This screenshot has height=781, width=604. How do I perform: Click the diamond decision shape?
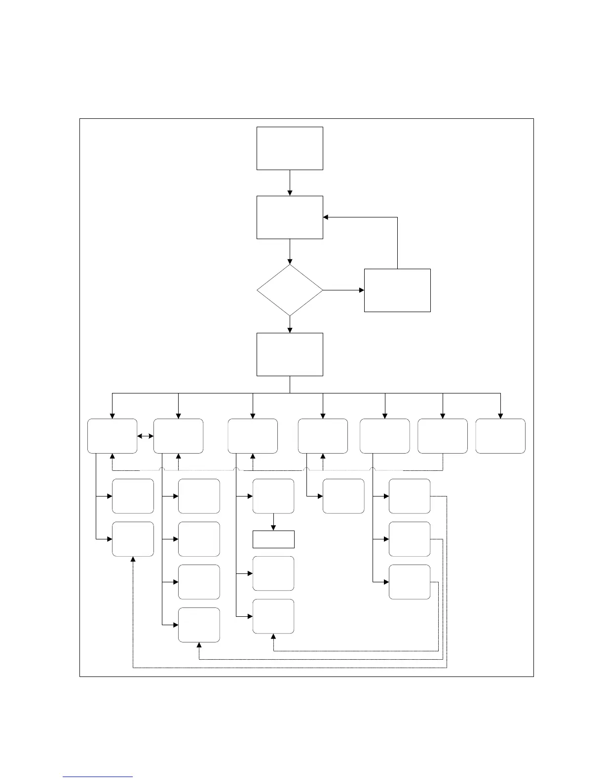click(290, 290)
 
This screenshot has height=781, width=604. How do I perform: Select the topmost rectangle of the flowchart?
click(290, 148)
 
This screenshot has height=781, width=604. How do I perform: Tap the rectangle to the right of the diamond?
click(397, 290)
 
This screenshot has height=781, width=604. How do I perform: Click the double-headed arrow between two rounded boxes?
click(146, 436)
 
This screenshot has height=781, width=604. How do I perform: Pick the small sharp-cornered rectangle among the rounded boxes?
click(273, 539)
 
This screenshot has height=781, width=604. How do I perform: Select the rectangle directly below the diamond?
click(290, 354)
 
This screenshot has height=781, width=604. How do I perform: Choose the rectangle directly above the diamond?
click(290, 217)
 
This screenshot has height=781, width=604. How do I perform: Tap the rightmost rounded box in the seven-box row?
click(500, 436)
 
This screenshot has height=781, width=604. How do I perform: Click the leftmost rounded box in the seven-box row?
click(113, 436)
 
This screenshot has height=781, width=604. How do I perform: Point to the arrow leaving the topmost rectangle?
click(290, 183)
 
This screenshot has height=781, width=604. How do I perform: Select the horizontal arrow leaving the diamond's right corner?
click(343, 290)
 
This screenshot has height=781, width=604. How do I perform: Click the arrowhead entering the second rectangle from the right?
click(326, 217)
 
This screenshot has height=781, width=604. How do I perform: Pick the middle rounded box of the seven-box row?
click(323, 436)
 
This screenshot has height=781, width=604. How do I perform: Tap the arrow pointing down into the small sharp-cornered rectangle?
click(273, 522)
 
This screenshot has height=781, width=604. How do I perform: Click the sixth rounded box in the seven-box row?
click(443, 436)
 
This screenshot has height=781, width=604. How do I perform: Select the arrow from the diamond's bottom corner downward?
click(290, 324)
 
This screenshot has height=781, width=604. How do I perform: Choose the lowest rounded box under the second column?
click(199, 625)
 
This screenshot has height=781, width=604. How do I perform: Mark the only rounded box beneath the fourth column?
click(343, 496)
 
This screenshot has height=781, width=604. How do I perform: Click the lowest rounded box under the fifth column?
click(410, 582)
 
